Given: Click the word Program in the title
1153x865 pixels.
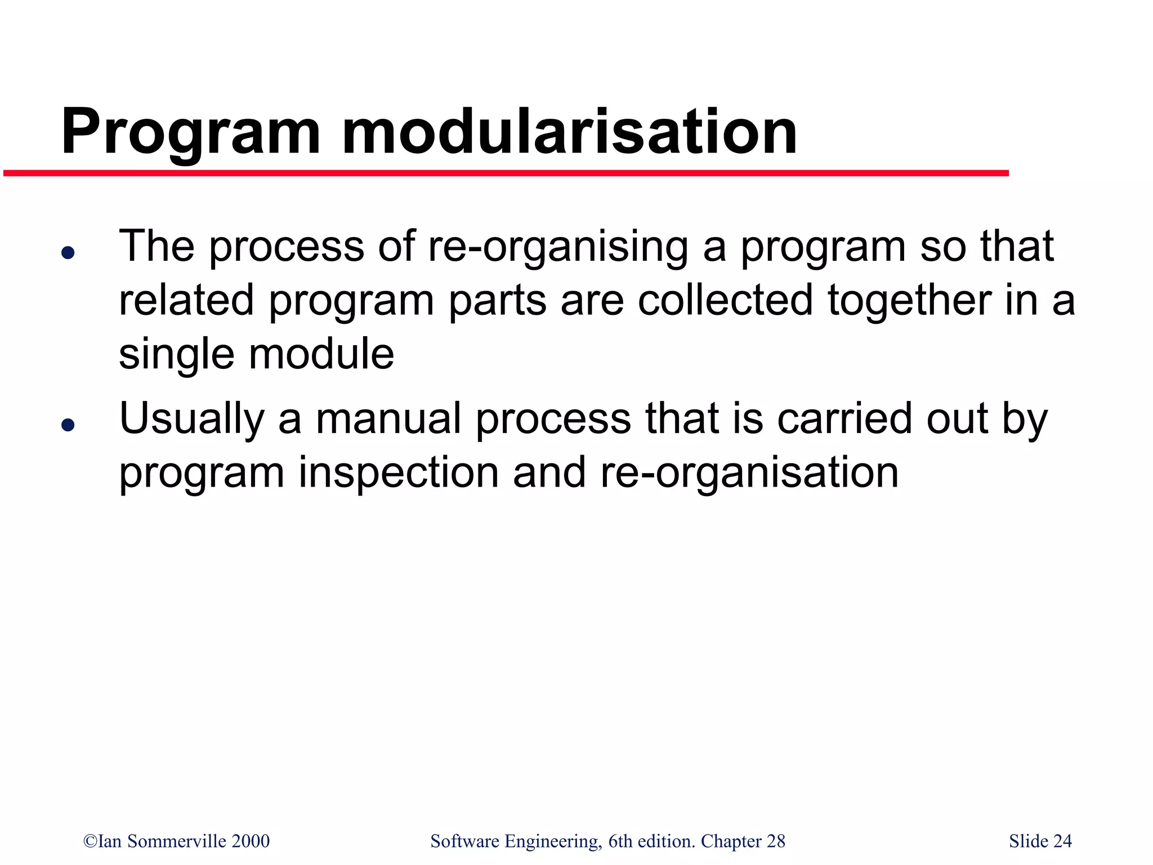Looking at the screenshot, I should (x=190, y=133).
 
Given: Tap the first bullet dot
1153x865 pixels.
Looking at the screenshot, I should (x=68, y=253).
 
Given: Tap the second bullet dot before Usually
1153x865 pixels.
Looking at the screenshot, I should (x=68, y=425).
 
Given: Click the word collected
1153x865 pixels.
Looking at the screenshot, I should (x=725, y=300).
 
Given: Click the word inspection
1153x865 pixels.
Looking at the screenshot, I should (x=399, y=472).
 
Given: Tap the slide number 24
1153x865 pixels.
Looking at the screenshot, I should (x=1062, y=841).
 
